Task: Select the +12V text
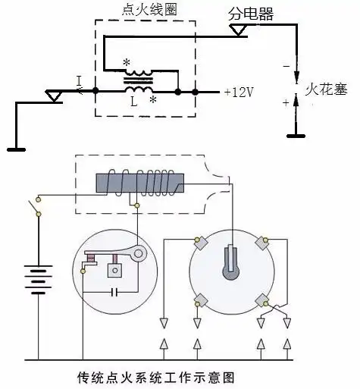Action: coord(239,92)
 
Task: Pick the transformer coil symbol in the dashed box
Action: coord(137,76)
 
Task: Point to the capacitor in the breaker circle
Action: coord(112,291)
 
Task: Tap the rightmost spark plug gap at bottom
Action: coord(287,334)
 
